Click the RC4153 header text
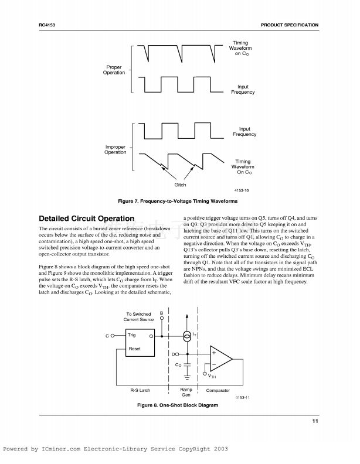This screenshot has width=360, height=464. point(46,25)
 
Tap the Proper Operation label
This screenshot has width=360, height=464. point(114,70)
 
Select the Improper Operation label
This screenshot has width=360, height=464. point(116,149)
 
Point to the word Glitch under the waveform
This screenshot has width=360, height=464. point(180,185)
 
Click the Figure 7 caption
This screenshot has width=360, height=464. point(178,201)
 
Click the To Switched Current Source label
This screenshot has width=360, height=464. point(138,317)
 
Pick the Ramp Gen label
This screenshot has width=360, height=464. point(186,393)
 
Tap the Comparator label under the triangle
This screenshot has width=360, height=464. point(218,390)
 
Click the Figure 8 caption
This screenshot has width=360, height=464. point(177,405)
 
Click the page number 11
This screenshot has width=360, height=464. point(315,422)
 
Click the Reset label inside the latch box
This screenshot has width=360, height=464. point(135,349)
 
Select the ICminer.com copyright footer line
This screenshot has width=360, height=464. point(116,449)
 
